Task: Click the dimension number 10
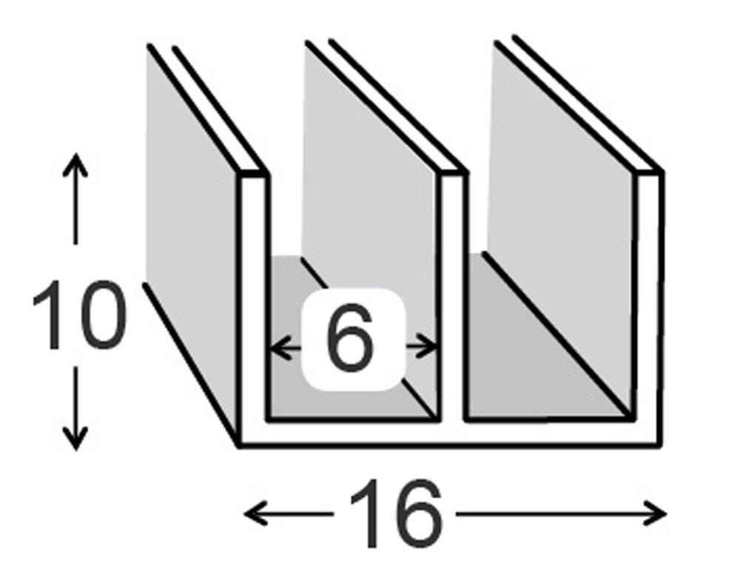point(79,315)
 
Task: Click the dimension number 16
point(395,513)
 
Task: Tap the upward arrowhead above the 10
point(75,164)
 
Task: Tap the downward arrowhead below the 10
point(75,438)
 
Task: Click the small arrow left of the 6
point(285,348)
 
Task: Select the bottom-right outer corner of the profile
point(660,445)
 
